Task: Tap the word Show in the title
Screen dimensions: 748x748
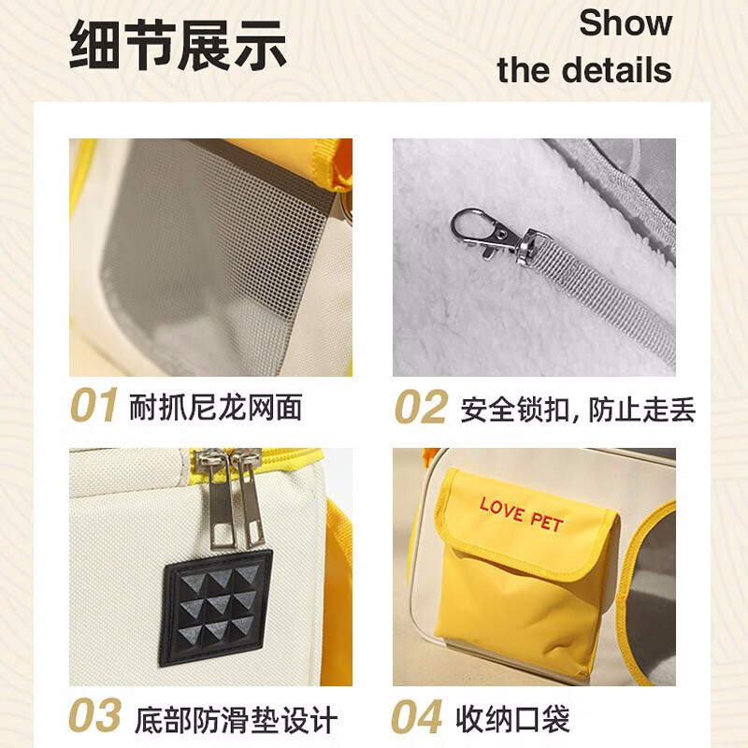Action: pos(625,23)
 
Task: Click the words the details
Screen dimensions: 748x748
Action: pos(584,70)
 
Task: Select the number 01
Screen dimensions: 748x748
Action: pos(93,407)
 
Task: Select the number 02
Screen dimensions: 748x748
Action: pos(421,409)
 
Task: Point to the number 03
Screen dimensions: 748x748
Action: pos(95,717)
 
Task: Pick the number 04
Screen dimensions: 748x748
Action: pos(416,718)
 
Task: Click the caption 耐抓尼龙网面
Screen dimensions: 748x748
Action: pos(217,408)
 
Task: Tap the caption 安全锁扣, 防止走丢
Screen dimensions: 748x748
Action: pos(578,410)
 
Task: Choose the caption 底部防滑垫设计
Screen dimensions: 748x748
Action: pos(235,720)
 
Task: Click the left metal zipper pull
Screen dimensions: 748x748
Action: pos(222,500)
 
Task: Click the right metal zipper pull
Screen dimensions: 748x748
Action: pos(250,500)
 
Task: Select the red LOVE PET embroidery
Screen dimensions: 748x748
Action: pos(521,513)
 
